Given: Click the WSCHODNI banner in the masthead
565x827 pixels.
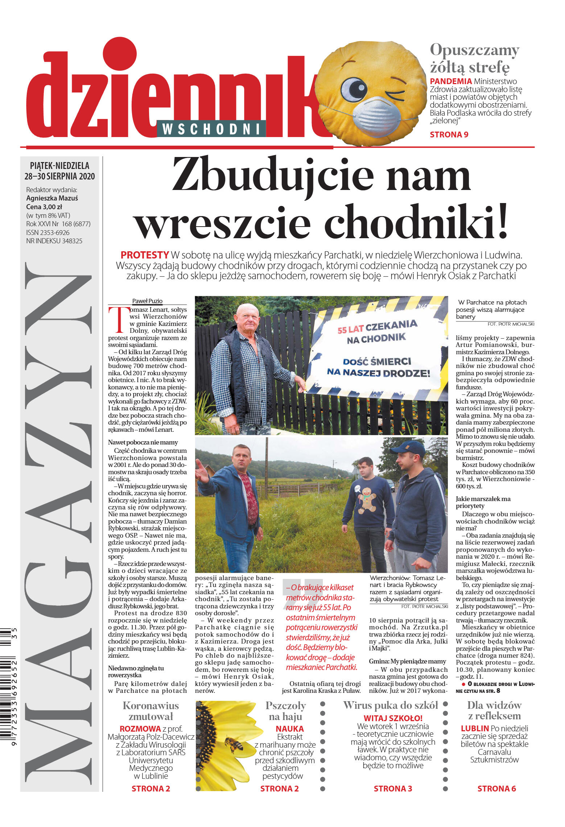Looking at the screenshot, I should pos(211,129).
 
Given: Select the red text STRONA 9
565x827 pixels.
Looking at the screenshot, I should pos(449,135).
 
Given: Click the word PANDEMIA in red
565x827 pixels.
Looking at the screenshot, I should pos(451,81).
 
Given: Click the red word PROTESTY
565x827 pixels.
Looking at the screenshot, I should pos(145,255).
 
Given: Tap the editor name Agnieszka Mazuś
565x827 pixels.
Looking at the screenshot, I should pos(52,198).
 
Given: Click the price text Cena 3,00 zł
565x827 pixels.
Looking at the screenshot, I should pos(44,207).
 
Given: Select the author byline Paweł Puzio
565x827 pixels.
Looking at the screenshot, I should pos(147,301).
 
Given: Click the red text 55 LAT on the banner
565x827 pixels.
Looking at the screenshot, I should pos(350,329).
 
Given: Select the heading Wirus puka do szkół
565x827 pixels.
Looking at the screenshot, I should pos(390,705).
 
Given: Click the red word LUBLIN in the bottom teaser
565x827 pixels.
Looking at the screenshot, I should pos(475,728).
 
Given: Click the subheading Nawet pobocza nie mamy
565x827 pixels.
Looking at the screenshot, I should pos(143,442).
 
